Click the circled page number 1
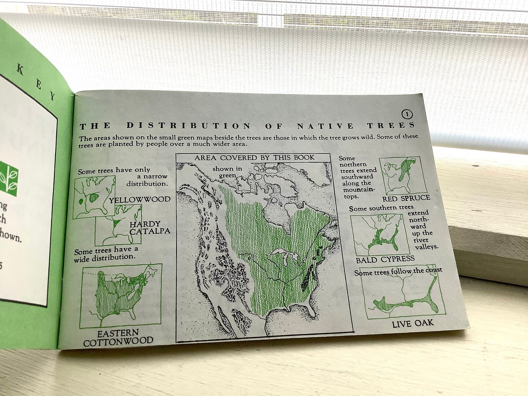click(x=407, y=114)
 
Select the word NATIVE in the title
click(x=326, y=126)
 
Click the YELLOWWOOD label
click(x=140, y=200)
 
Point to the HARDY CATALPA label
click(x=149, y=228)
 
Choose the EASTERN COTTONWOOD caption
click(x=118, y=337)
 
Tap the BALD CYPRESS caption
click(x=385, y=260)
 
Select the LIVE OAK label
click(x=413, y=323)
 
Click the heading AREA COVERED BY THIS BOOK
click(x=254, y=158)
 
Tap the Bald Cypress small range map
click(x=379, y=234)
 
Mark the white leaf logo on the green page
click(x=8, y=178)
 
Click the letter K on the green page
click(x=20, y=70)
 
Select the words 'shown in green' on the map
click(x=227, y=172)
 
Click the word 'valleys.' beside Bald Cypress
click(x=427, y=246)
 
